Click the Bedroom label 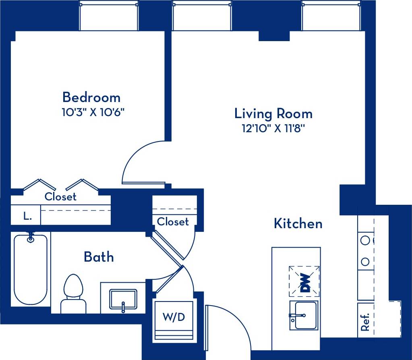[91, 98]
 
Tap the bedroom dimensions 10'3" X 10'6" [91, 112]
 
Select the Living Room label [273, 114]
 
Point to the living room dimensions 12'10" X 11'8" [273, 129]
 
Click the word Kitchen [298, 223]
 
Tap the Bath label [99, 257]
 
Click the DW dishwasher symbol [304, 281]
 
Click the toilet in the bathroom [73, 293]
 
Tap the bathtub [31, 269]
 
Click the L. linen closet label [27, 216]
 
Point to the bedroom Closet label [60, 197]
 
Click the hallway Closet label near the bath [173, 222]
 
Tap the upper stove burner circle [365, 241]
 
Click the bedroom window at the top [109, 16]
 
